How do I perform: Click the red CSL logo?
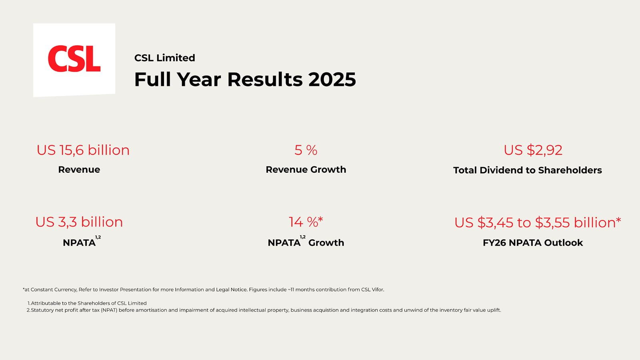[74, 59]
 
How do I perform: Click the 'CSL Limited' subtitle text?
[164, 58]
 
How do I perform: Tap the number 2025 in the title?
[332, 80]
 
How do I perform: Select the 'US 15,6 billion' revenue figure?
[83, 150]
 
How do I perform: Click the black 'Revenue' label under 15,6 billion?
[79, 170]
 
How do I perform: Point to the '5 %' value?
[306, 150]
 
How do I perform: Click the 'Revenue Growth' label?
[306, 170]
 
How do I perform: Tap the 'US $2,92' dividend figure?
[533, 150]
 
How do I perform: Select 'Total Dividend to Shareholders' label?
[527, 170]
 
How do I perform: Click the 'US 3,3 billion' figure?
[79, 222]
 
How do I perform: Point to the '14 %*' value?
[306, 222]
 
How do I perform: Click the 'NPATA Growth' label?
[306, 243]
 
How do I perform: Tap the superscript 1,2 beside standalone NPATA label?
[98, 237]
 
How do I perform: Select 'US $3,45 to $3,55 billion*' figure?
[537, 222]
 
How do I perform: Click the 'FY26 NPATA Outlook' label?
[532, 243]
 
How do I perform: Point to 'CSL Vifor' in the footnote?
[372, 290]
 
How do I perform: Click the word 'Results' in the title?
[265, 80]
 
